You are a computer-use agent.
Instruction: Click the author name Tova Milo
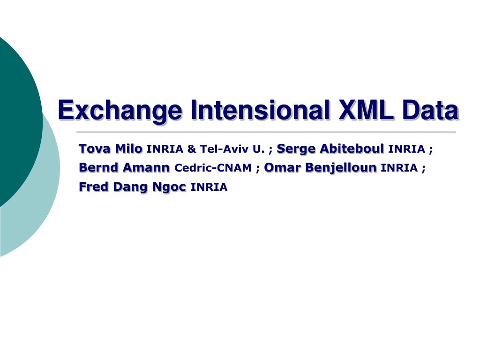pos(111,149)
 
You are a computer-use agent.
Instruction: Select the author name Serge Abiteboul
pos(330,149)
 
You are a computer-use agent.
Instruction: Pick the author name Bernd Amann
pos(124,167)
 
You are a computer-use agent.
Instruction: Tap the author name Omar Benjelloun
pos(320,167)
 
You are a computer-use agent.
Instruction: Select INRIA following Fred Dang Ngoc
pos(209,187)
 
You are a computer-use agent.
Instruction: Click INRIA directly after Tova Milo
pos(165,150)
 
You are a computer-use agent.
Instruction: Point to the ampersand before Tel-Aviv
pos(191,150)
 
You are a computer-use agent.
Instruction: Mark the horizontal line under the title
pos(265,132)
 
